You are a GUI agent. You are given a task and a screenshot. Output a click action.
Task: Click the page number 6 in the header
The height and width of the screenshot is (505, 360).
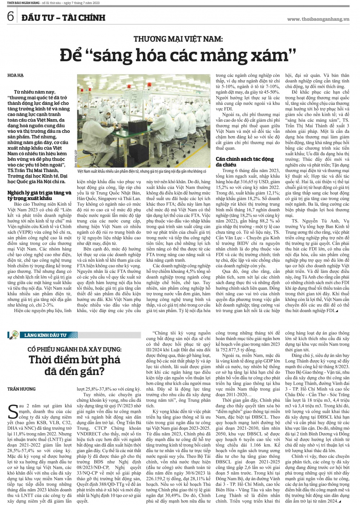(x=10, y=17)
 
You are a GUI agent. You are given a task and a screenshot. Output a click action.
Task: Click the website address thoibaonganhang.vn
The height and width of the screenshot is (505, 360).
(x=318, y=19)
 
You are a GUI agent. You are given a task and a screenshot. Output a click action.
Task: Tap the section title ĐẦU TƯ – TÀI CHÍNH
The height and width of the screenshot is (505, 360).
(x=63, y=17)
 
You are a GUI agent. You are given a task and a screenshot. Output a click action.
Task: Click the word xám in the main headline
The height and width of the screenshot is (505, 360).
(x=274, y=55)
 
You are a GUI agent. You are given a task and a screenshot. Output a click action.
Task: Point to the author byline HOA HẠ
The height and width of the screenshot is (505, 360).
(x=15, y=75)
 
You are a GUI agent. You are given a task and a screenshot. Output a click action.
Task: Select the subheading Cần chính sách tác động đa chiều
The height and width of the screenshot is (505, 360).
(x=245, y=162)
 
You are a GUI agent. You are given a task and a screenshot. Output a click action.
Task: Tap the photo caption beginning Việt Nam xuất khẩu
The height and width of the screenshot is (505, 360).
(x=142, y=171)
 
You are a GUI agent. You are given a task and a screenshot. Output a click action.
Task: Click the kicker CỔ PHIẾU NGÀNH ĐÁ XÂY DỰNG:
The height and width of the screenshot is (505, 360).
(x=75, y=349)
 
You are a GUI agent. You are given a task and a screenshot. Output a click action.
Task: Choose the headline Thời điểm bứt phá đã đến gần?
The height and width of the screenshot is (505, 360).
(x=75, y=365)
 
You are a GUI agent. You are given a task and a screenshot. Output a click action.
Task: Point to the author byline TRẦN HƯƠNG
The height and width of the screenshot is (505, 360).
(x=21, y=389)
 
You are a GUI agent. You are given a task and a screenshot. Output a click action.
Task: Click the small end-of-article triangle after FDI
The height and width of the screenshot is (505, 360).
(x=337, y=311)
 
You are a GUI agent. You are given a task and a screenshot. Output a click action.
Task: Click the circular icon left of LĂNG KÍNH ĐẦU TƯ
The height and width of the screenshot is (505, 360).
(x=15, y=335)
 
